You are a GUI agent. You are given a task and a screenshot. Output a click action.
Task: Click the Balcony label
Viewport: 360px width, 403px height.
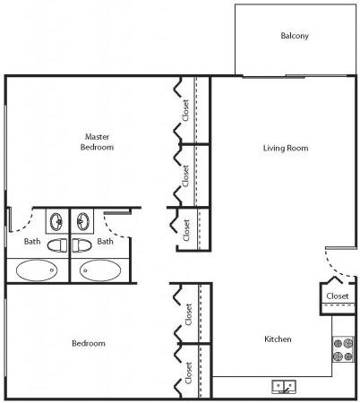[295, 36]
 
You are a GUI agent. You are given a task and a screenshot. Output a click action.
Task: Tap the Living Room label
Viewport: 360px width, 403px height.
[286, 148]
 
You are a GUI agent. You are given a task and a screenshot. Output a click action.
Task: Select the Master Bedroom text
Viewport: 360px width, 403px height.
[97, 141]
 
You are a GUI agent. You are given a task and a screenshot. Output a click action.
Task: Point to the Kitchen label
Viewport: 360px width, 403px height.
[278, 339]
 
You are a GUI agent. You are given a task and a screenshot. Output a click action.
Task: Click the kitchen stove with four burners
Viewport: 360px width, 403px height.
[343, 349]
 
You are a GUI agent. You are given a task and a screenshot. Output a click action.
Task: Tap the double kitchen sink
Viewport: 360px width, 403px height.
[284, 387]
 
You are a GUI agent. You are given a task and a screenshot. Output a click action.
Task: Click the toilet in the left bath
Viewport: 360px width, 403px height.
[57, 245]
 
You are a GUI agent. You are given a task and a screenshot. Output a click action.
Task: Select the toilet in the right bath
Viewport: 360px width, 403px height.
[81, 245]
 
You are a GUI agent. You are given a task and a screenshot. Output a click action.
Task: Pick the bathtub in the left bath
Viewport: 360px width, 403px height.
[37, 270]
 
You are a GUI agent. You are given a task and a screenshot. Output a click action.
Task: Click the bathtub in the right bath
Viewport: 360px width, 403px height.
[100, 270]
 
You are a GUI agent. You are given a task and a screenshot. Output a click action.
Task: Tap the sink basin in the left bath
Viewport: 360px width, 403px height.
[56, 221]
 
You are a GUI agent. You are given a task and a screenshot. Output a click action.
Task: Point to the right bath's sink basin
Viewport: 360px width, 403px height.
[83, 221]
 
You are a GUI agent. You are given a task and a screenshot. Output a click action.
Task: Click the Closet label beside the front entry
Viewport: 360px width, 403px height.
[338, 296]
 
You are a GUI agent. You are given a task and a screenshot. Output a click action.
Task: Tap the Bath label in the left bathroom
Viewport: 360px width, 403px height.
[32, 241]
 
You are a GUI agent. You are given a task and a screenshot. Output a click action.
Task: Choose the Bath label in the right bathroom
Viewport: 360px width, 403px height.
[105, 241]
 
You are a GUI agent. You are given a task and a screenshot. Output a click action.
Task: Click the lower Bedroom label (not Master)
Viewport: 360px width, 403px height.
[89, 343]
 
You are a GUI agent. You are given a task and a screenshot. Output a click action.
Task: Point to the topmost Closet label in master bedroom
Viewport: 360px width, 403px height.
[185, 110]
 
